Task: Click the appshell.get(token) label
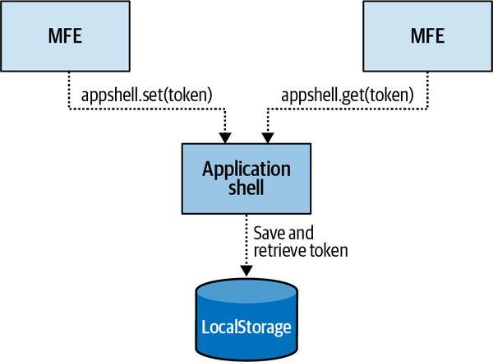349,95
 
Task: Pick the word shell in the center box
246,188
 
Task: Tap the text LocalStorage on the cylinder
246,327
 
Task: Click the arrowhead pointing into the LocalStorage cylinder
246,271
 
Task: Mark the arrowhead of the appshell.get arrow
265,136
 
